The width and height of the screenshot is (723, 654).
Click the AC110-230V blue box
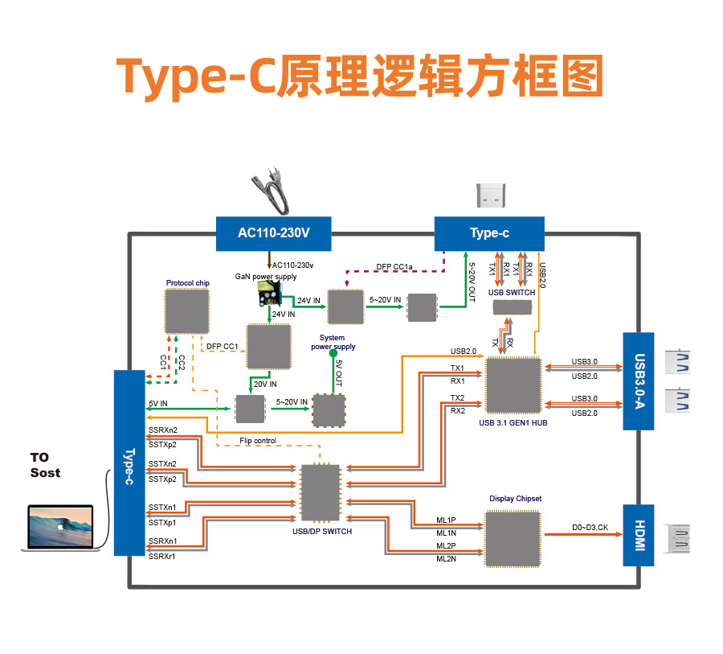273,233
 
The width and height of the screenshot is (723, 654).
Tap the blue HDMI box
639,535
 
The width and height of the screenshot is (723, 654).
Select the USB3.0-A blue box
639,381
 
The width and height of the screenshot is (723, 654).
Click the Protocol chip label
187,283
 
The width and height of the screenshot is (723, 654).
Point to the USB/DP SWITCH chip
320,492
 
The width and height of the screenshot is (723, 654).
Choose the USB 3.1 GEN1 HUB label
513,423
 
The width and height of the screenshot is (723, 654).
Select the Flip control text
258,441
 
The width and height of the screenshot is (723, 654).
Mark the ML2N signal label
446,559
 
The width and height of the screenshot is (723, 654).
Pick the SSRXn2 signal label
162,430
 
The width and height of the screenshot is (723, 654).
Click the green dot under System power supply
333,352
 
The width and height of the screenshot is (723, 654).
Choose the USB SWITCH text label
511,292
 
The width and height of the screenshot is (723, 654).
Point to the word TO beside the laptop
39,457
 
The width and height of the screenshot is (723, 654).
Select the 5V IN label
158,403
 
